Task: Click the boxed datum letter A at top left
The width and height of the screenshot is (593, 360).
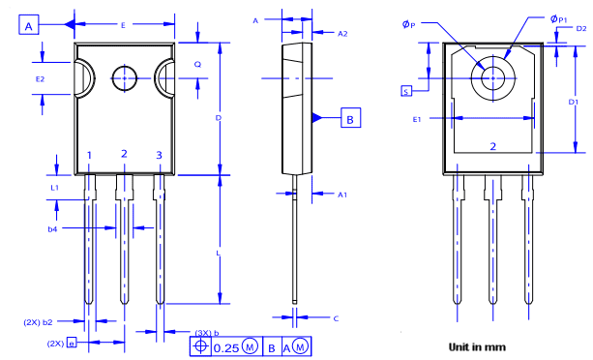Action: (29, 27)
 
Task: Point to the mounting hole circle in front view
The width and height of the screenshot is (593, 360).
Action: (125, 77)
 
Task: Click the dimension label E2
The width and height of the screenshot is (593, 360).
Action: (40, 77)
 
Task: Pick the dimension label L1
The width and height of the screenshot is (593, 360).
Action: (55, 186)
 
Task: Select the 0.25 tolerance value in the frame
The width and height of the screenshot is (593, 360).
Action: (225, 345)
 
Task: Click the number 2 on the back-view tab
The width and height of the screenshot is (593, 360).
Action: (492, 146)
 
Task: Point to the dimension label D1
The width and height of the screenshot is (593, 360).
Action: (573, 102)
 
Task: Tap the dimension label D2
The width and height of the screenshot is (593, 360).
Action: (580, 29)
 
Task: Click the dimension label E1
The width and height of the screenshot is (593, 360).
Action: (417, 119)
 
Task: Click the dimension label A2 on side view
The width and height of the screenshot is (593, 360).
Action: (342, 33)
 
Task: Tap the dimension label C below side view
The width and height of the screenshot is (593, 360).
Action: (335, 317)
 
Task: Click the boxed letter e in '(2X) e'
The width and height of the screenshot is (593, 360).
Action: (71, 342)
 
